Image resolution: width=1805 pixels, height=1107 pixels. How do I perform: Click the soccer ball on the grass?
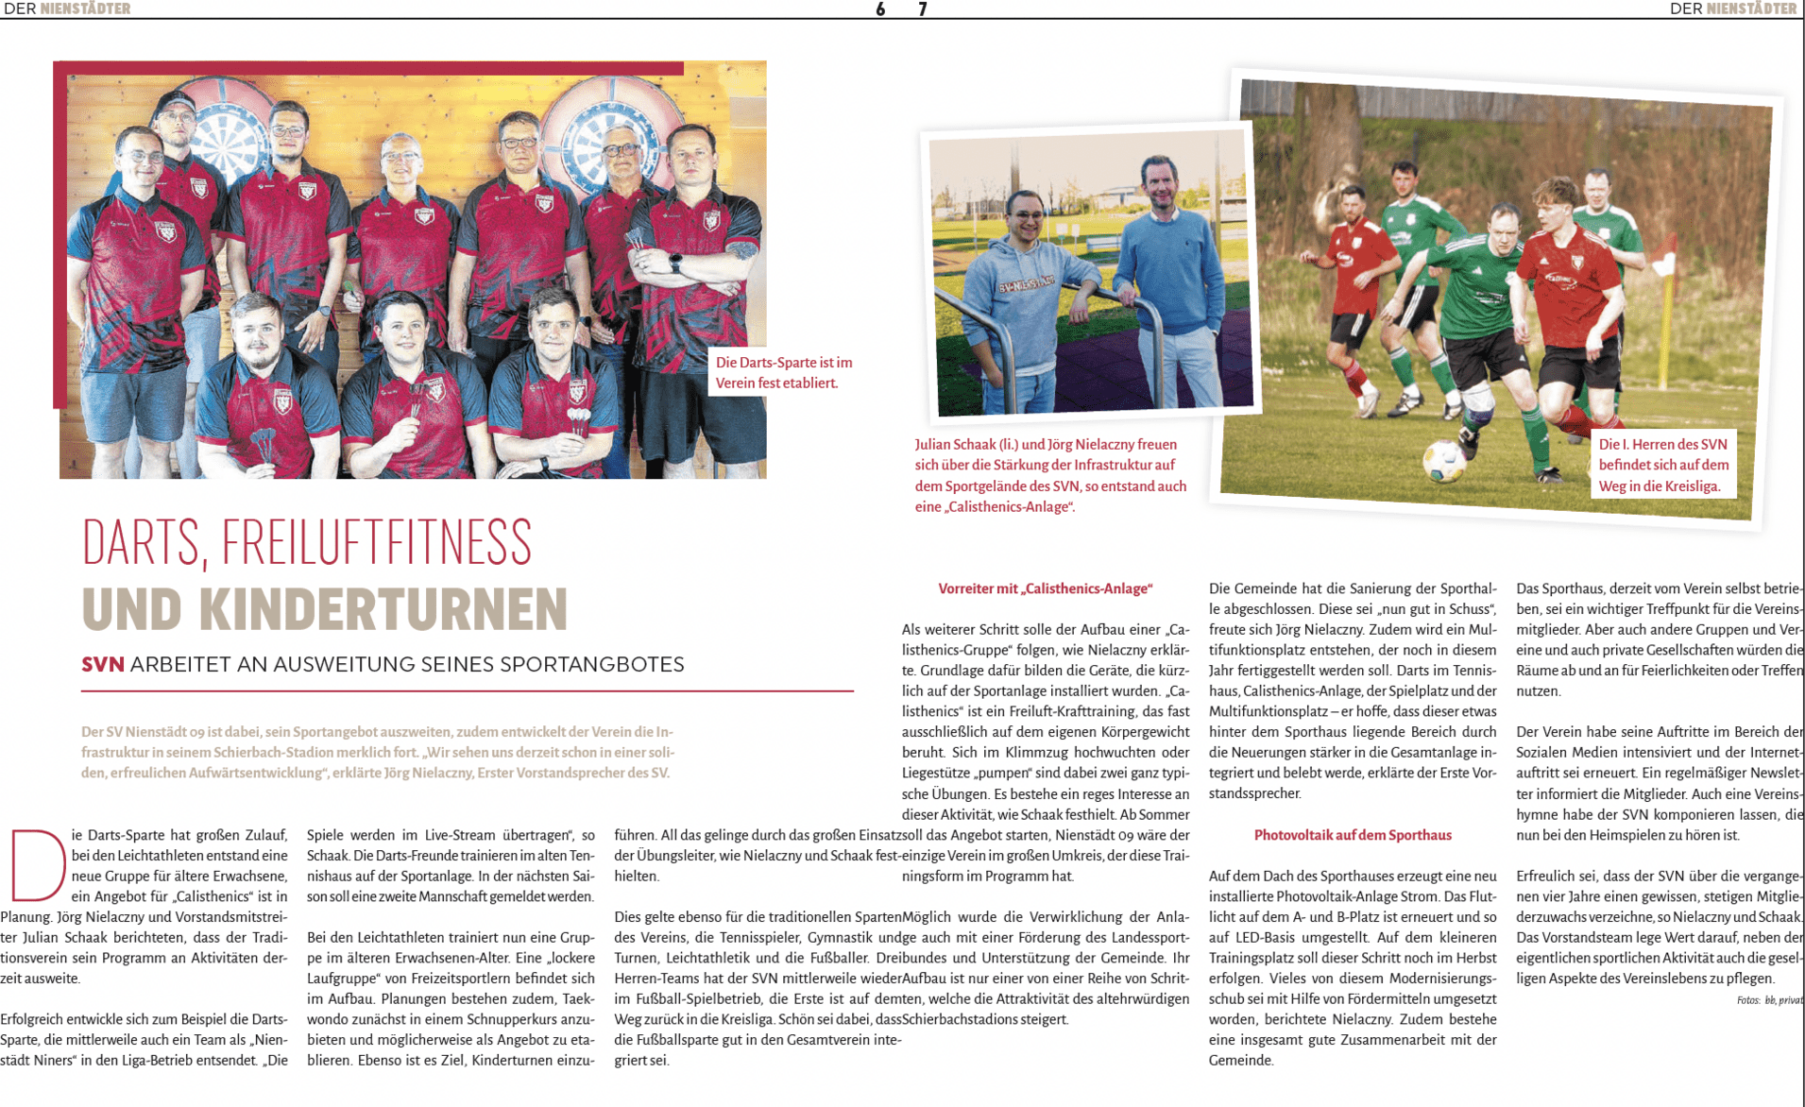click(x=1444, y=460)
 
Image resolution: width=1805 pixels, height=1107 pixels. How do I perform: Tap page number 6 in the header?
click(x=880, y=9)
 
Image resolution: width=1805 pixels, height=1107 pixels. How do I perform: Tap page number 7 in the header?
click(x=923, y=9)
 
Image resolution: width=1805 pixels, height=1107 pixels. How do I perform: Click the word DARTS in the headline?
click(x=140, y=543)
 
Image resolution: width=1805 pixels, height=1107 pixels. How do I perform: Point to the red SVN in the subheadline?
click(x=103, y=665)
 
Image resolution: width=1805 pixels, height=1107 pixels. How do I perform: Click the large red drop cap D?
click(x=36, y=865)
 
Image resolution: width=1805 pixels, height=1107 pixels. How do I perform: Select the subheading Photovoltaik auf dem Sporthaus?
click(x=1352, y=835)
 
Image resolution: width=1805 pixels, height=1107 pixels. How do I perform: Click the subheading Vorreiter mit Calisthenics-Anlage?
click(x=1045, y=588)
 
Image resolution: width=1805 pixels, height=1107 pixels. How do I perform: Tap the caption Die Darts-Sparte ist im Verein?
click(x=783, y=372)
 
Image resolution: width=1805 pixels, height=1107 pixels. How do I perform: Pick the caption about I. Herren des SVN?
click(x=1663, y=465)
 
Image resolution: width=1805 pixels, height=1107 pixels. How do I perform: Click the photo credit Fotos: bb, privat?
click(x=1768, y=1000)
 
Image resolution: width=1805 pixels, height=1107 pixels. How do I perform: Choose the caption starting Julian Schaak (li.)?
click(x=1049, y=475)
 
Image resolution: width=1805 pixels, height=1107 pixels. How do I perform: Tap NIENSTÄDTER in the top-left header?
click(x=85, y=9)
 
